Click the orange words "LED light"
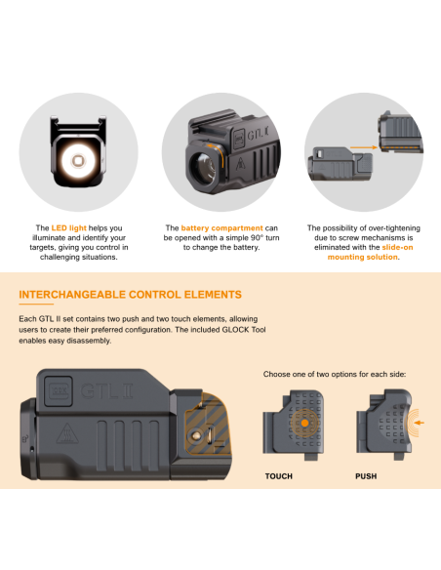68,228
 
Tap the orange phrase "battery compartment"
221,228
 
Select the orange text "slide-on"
397,247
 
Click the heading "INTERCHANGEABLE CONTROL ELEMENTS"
130,295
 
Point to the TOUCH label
279,476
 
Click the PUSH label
366,476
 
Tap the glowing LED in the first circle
78,160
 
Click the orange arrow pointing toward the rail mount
364,147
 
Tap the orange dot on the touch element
304,424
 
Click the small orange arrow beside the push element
420,423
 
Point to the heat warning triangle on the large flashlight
67,433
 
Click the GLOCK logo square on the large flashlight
59,391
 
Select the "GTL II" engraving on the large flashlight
106,391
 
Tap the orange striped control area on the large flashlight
207,426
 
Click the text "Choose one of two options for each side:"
335,374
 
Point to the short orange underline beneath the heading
36,304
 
